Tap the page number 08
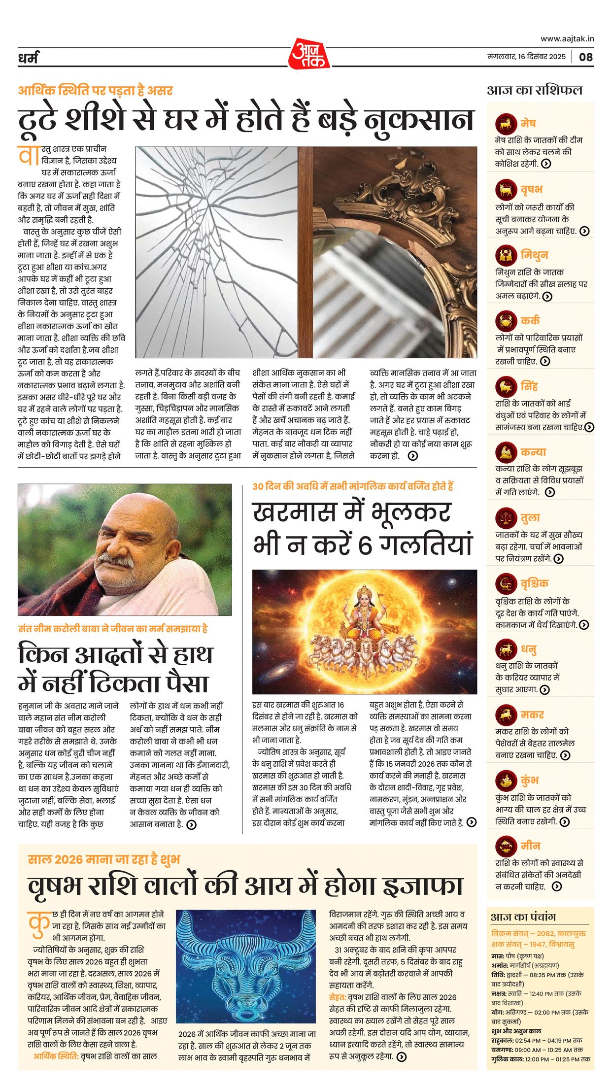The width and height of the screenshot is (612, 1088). [x=585, y=57]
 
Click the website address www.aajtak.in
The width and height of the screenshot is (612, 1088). [x=567, y=38]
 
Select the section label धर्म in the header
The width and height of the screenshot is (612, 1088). [x=28, y=58]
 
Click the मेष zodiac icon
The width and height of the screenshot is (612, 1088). [x=506, y=123]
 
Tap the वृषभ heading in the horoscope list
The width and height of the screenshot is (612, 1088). [x=531, y=189]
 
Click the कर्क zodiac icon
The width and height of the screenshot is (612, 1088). [x=506, y=321]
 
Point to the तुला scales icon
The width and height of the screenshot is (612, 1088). [x=506, y=518]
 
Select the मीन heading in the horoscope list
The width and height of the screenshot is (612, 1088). [x=531, y=846]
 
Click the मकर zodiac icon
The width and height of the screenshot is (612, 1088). [x=506, y=714]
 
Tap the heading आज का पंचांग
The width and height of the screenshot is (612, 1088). [x=523, y=917]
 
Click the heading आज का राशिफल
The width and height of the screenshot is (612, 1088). [x=535, y=90]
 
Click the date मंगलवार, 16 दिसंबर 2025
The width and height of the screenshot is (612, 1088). [x=526, y=57]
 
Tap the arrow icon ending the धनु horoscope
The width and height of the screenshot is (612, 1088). [x=544, y=690]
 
